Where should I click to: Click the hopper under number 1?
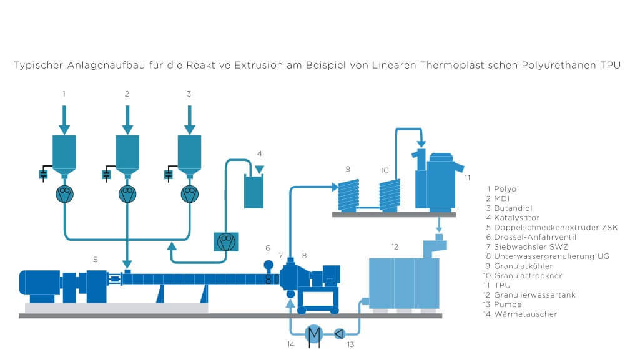pyautogui.click(x=64, y=153)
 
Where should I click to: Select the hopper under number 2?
pyautogui.click(x=127, y=153)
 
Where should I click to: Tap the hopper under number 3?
pyautogui.click(x=189, y=153)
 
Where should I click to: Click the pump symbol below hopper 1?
pyautogui.click(x=64, y=194)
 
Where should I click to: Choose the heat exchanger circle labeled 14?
pyautogui.click(x=313, y=333)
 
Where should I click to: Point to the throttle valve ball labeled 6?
pyautogui.click(x=268, y=265)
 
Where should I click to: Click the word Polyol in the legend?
pyautogui.click(x=506, y=188)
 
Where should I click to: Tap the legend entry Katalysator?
pyautogui.click(x=516, y=217)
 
